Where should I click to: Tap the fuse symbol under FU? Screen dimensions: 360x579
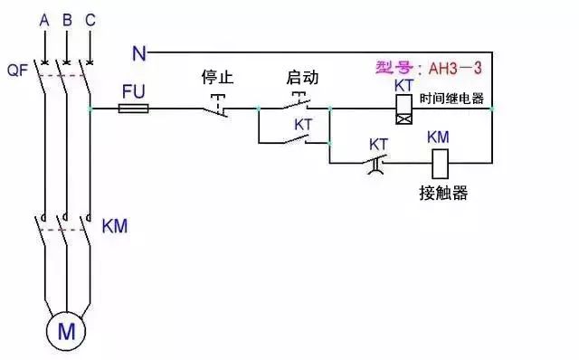pos(135,109)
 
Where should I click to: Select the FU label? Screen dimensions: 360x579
pos(132,90)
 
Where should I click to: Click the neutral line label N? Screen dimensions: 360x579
pos(138,53)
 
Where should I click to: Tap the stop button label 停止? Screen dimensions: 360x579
pos(217,78)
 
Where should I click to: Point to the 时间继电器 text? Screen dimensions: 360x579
pos(451,98)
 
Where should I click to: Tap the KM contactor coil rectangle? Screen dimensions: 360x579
pos(439,163)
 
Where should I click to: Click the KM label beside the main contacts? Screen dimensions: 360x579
pos(115,224)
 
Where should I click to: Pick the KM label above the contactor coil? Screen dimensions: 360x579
pos(438,137)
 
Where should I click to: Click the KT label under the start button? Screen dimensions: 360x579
pos(305,124)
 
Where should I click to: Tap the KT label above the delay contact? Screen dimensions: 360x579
pos(379,143)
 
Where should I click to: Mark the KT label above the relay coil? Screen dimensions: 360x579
pos(404,84)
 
